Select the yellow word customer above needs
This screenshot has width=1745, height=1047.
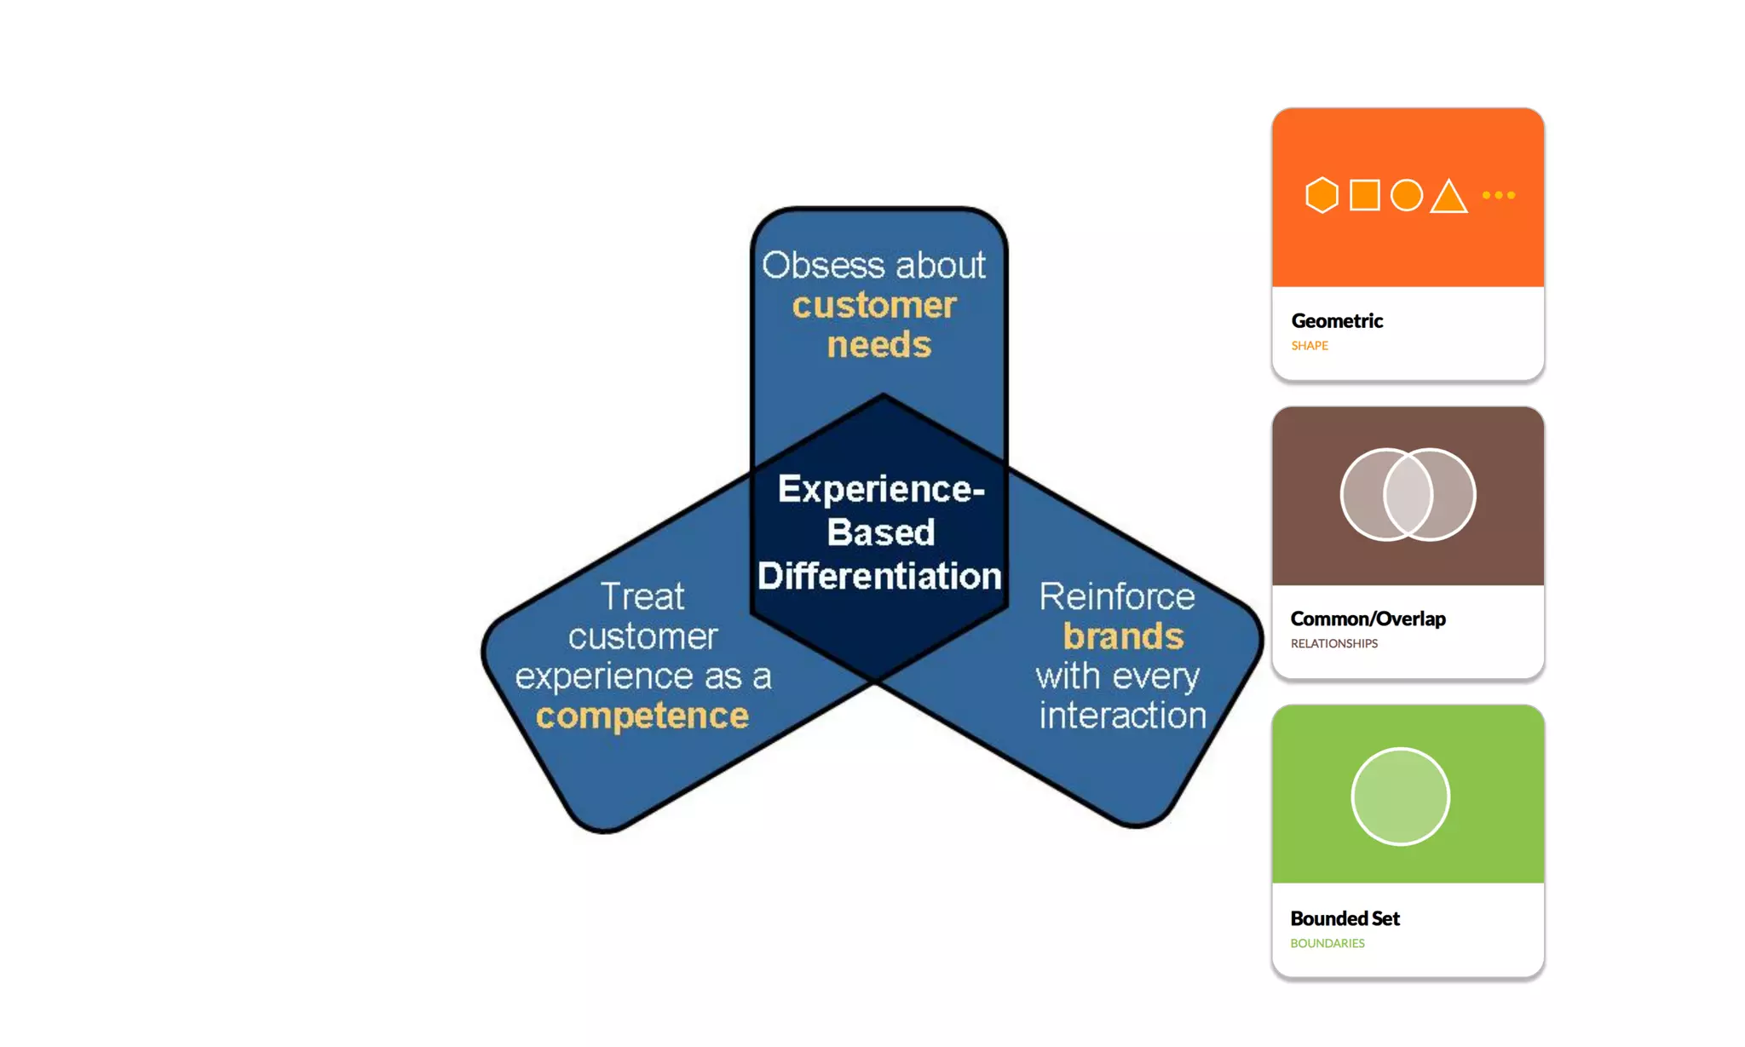click(x=874, y=305)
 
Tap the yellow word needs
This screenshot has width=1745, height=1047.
click(x=878, y=345)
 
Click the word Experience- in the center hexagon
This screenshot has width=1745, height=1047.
click(x=881, y=489)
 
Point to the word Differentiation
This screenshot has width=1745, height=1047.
click(x=879, y=576)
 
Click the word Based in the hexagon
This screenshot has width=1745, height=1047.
click(x=881, y=532)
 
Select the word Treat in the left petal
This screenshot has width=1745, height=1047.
click(x=642, y=596)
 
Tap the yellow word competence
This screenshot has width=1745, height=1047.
click(x=642, y=716)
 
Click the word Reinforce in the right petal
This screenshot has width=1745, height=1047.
click(x=1117, y=596)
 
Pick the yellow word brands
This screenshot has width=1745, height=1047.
click(x=1123, y=636)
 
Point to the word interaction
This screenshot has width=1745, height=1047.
click(x=1122, y=716)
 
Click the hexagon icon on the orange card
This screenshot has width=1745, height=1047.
click(x=1322, y=195)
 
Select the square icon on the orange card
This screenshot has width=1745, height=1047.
click(x=1365, y=195)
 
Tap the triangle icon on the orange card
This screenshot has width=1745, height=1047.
click(x=1448, y=197)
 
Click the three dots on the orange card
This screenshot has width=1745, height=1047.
click(x=1499, y=195)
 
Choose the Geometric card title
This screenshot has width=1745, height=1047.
click(x=1337, y=321)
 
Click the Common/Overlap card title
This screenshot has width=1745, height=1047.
click(x=1368, y=619)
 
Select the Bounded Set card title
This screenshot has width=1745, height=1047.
click(x=1345, y=918)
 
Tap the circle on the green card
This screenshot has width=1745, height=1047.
click(x=1400, y=797)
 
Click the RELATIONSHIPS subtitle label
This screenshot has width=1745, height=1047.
click(x=1333, y=644)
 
